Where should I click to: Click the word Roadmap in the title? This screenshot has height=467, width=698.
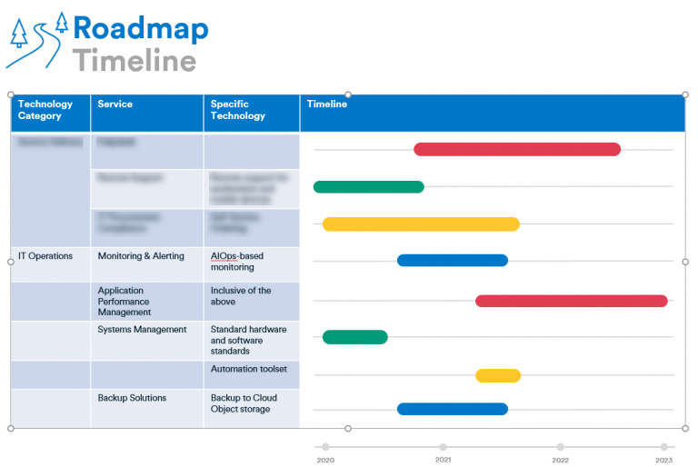tap(141, 29)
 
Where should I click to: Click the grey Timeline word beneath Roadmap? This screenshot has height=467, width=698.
tap(135, 61)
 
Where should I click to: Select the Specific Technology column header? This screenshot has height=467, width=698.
tap(238, 110)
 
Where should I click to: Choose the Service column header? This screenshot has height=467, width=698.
tap(115, 104)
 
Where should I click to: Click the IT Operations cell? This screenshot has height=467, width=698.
tap(45, 256)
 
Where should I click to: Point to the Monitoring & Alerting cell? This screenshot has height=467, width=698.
tap(141, 256)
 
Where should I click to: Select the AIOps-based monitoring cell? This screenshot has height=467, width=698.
tap(237, 262)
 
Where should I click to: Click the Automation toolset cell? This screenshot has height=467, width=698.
tap(249, 369)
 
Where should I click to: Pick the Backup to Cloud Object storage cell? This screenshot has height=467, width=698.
tap(244, 403)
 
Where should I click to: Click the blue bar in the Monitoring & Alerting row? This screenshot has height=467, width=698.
tap(452, 261)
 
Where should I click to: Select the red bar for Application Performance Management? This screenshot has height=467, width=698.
tap(571, 301)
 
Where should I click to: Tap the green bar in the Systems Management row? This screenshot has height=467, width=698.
tap(354, 337)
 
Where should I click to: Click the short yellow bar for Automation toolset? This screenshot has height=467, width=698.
tap(497, 375)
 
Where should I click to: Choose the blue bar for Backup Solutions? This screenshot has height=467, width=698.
tap(452, 409)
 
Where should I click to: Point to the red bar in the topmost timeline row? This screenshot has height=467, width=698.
tap(516, 149)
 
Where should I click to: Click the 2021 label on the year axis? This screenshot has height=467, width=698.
tap(443, 461)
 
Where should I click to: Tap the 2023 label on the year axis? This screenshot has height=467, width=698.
tap(664, 461)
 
